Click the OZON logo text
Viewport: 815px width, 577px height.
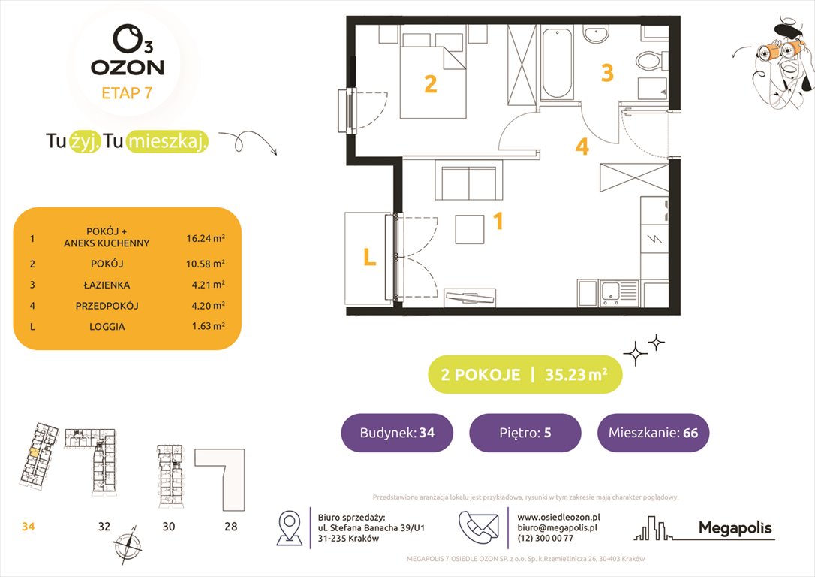pos(128,66)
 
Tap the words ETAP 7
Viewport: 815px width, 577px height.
pos(128,93)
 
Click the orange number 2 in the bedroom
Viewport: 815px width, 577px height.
pos(430,84)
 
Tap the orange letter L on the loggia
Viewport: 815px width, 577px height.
pos(368,258)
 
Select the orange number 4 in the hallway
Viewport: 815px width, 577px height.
pos(582,147)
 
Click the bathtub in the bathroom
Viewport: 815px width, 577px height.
pos(557,63)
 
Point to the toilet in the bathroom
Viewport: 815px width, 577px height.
pos(647,59)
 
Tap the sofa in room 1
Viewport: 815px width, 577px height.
pos(467,184)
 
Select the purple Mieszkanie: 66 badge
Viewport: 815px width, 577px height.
pos(653,433)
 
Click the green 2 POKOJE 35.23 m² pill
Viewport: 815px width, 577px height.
pos(525,375)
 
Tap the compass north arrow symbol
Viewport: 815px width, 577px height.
pos(125,543)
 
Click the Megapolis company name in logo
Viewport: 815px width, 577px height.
pos(735,527)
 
